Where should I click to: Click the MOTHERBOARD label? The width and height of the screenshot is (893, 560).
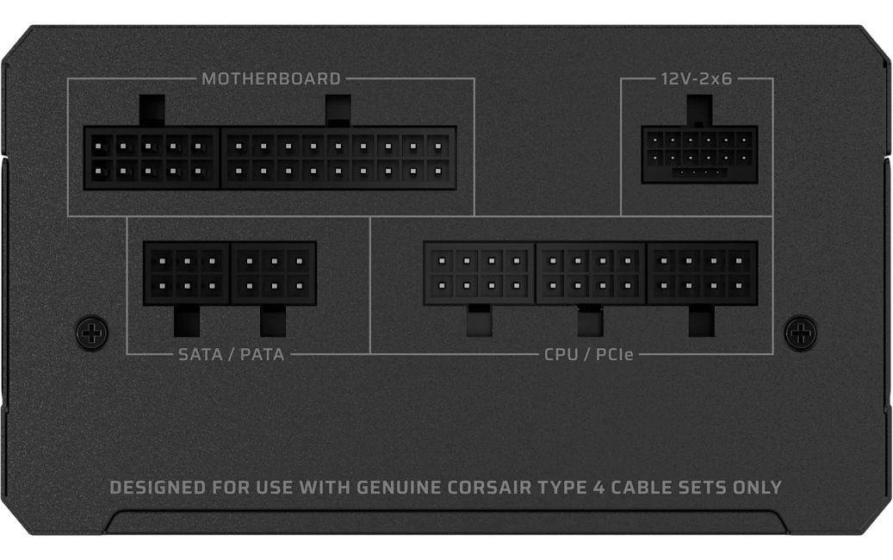pos(271,78)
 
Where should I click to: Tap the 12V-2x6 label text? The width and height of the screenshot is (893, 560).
pos(697,78)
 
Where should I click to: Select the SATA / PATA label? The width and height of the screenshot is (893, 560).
pos(232,354)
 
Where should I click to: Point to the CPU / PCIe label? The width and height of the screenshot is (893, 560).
pos(588,354)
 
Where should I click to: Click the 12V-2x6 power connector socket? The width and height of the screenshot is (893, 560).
pos(699,154)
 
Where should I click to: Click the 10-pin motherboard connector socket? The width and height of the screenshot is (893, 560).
pos(152,158)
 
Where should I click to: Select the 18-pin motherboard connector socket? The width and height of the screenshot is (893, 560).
pos(338,158)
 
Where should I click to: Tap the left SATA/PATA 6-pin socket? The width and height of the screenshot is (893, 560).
pos(186,273)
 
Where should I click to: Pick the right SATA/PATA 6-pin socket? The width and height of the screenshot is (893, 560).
pos(273,273)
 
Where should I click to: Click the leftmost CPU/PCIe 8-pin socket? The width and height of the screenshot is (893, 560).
pos(479,273)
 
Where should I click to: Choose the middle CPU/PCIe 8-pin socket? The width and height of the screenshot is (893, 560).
pos(591,273)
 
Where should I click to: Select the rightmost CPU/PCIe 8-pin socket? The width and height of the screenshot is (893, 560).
pos(702,273)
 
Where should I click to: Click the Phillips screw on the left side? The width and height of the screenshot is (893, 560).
pos(91,331)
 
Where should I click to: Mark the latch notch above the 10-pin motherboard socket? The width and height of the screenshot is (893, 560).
pos(152,110)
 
